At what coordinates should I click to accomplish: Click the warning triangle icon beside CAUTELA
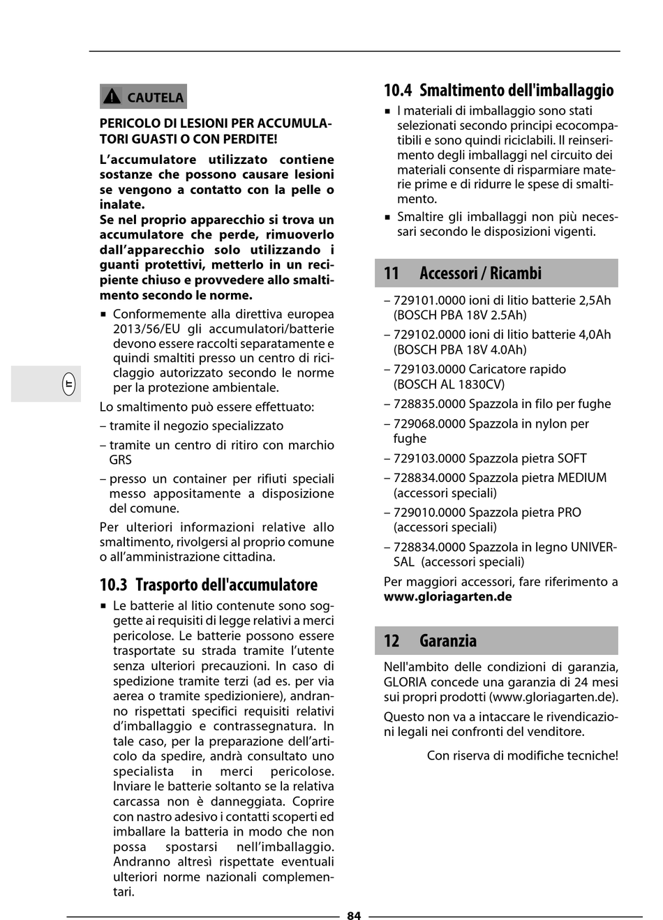(112, 97)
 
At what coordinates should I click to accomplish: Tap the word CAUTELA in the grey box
(156, 98)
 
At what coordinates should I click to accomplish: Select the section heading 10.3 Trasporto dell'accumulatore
(208, 585)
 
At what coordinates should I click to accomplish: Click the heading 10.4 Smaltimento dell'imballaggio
(498, 90)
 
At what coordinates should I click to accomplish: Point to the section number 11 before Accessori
(392, 273)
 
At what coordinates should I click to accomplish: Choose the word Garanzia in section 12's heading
(448, 641)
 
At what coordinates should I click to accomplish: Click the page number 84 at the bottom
(354, 916)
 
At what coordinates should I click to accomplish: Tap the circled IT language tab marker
(68, 384)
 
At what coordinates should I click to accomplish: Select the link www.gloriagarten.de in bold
(447, 597)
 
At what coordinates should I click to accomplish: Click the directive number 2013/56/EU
(147, 329)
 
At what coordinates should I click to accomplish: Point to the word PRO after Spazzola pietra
(569, 513)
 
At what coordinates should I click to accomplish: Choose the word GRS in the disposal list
(120, 460)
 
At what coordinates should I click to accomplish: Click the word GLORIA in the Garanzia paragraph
(405, 682)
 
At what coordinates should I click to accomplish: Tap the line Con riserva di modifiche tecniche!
(522, 755)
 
